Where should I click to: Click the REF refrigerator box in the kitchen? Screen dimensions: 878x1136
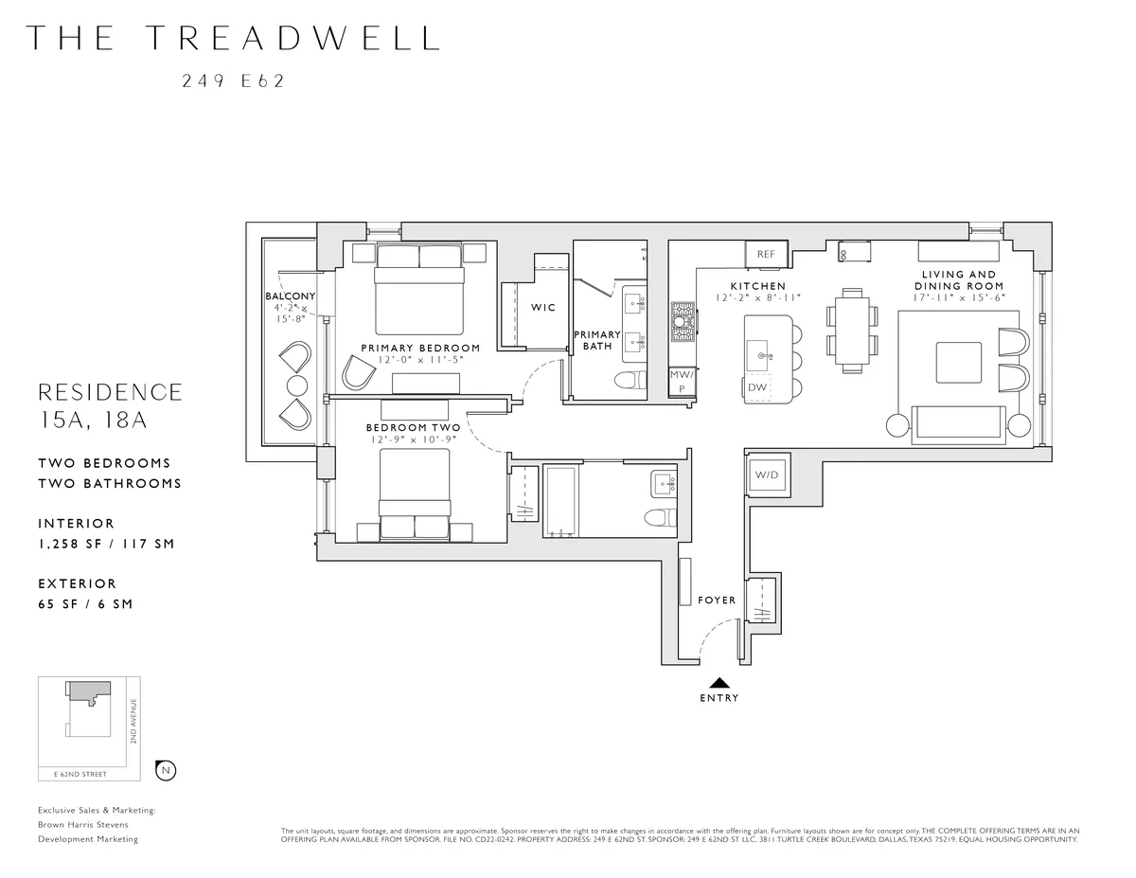(x=766, y=254)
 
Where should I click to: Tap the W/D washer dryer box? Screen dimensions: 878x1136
(x=766, y=475)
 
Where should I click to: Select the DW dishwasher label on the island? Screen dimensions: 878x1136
(x=757, y=387)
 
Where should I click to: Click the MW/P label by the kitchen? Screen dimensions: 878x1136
(x=681, y=381)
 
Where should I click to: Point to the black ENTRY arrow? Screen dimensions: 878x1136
(x=719, y=681)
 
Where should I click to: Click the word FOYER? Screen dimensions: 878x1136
(x=717, y=600)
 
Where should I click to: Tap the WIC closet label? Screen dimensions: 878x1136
(x=543, y=308)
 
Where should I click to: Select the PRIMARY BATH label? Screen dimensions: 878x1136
(x=596, y=340)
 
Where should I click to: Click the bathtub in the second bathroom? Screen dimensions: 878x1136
(x=560, y=501)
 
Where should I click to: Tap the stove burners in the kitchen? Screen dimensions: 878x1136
(x=682, y=321)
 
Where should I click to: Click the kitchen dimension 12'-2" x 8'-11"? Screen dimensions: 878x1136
(x=758, y=298)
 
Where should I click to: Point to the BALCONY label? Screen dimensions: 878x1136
(x=290, y=296)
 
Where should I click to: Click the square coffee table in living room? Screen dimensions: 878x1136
(x=952, y=361)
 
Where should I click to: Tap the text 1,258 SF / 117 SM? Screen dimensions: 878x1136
(x=106, y=544)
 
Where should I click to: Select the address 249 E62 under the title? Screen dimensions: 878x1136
(x=233, y=81)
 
